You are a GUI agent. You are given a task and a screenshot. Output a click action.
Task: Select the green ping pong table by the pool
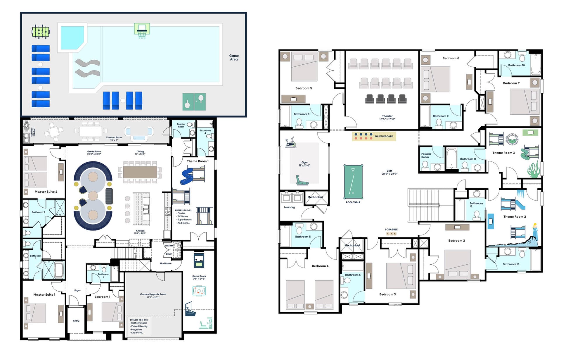coord(194,102)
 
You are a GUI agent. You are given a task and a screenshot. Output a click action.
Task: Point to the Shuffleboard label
coord(384,136)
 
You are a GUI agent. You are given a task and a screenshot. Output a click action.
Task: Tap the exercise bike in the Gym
coord(290,143)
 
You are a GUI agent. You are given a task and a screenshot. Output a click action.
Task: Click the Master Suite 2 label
coord(46,192)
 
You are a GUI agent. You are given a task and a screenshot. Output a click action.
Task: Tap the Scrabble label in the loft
coord(391,230)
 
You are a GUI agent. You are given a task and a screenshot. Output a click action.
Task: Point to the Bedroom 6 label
coord(451,58)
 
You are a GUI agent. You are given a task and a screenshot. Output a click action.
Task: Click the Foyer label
coord(77,290)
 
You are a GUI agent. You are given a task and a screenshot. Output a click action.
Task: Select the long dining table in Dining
coord(140,172)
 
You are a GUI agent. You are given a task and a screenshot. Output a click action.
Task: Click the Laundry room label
coord(289,207)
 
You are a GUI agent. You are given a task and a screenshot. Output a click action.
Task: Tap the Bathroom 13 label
coord(511,264)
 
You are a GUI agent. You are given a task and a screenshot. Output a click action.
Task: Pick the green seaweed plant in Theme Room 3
coord(534,170)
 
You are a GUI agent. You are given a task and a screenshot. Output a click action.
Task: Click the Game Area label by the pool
coord(234,58)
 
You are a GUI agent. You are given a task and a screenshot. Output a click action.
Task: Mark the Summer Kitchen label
coord(33,132)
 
